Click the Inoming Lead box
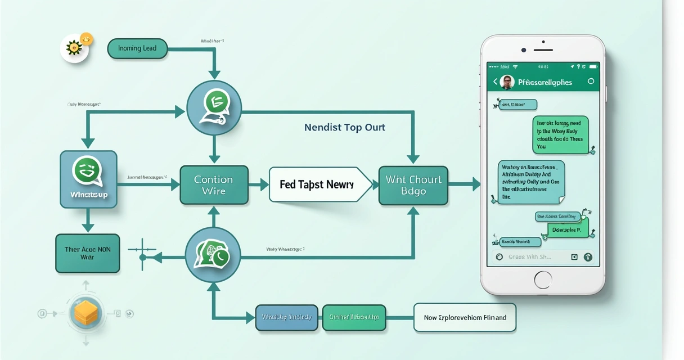(137, 48)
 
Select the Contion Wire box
(214, 185)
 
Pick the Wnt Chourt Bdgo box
(413, 185)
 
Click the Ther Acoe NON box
(87, 253)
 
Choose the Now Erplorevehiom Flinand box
(465, 317)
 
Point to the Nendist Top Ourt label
(345, 127)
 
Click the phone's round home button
(543, 280)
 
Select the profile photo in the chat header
(507, 82)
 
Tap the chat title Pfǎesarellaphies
(544, 82)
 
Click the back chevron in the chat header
(495, 82)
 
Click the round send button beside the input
(588, 257)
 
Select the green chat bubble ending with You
(560, 134)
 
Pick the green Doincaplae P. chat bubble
(567, 229)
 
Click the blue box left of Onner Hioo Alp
(287, 317)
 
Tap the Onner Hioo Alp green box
(354, 317)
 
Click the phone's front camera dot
(524, 50)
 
